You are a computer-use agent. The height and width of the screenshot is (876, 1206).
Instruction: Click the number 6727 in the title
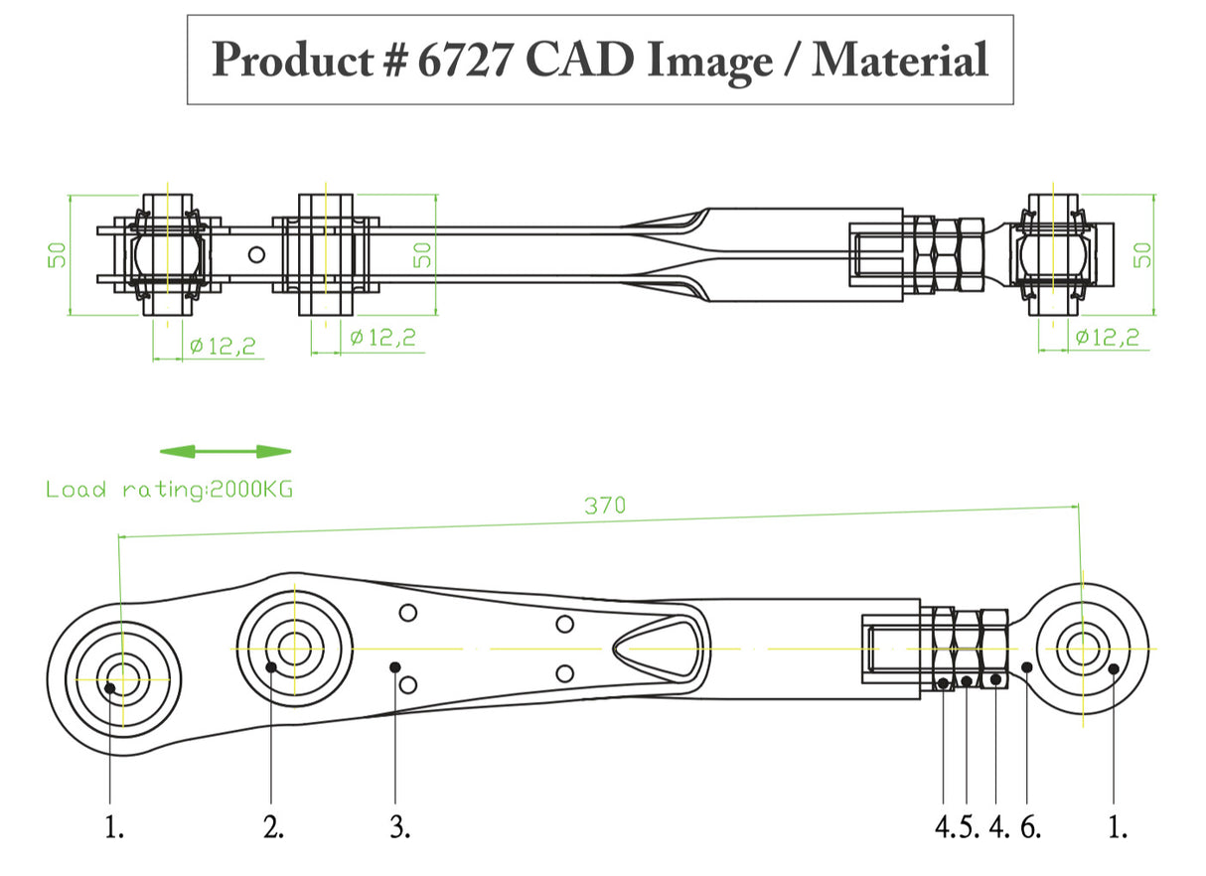click(465, 60)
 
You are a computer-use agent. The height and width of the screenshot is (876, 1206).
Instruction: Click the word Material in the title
click(900, 60)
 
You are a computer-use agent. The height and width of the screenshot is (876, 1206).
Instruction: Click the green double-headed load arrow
click(226, 452)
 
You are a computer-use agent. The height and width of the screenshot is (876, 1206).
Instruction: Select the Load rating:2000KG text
click(169, 490)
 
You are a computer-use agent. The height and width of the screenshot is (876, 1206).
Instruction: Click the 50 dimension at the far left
click(58, 255)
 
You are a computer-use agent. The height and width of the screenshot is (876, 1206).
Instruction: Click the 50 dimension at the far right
click(1143, 254)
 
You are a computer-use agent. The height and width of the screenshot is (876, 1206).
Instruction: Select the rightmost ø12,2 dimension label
click(1107, 338)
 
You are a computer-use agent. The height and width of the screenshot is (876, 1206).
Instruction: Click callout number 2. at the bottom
click(274, 827)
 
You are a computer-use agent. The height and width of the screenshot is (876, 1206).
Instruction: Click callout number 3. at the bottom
click(399, 827)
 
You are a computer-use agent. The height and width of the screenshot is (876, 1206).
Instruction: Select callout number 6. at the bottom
click(1031, 827)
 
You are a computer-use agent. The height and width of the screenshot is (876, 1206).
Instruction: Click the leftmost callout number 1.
click(114, 827)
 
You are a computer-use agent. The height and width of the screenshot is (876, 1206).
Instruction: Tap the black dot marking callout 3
click(395, 666)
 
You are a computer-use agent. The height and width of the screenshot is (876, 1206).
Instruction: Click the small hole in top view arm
click(256, 254)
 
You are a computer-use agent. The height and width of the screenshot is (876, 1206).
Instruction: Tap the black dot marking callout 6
click(1028, 667)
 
